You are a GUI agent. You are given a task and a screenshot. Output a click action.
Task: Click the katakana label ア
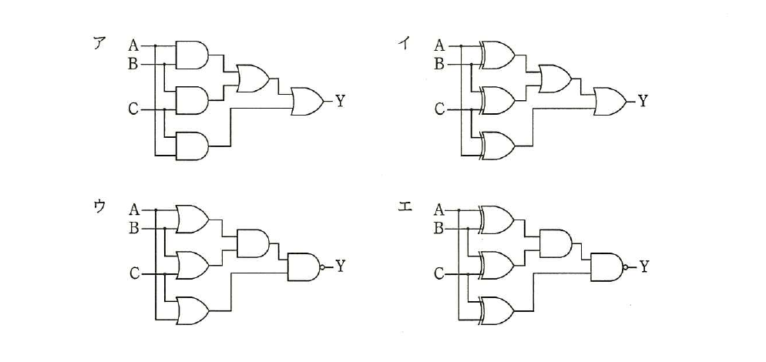(99, 44)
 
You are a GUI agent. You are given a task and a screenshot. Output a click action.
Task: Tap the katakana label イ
(404, 44)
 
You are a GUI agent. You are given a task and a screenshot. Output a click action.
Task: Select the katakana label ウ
(99, 206)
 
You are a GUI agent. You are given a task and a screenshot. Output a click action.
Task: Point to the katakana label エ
(405, 206)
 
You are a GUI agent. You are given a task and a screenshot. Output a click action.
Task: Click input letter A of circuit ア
(133, 46)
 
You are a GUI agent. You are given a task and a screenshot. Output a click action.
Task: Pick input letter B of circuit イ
(440, 64)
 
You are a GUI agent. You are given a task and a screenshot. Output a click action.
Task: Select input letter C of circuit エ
(439, 274)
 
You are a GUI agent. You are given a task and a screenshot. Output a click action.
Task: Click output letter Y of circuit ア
(340, 102)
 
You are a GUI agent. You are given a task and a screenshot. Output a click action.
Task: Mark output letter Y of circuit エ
(645, 266)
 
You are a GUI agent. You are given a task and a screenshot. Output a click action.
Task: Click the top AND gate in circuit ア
(191, 55)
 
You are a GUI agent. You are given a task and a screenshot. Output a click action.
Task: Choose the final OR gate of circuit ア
(307, 102)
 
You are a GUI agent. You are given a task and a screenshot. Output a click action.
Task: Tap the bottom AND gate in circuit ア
(191, 146)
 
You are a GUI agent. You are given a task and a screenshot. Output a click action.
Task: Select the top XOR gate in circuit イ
(497, 55)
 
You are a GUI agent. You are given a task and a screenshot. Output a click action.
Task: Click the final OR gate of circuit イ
(611, 102)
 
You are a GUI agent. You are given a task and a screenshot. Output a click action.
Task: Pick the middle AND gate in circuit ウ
(253, 243)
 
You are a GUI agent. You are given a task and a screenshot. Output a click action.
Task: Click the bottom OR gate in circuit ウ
(193, 310)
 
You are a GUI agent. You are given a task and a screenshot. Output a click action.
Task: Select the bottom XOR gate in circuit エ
(497, 310)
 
